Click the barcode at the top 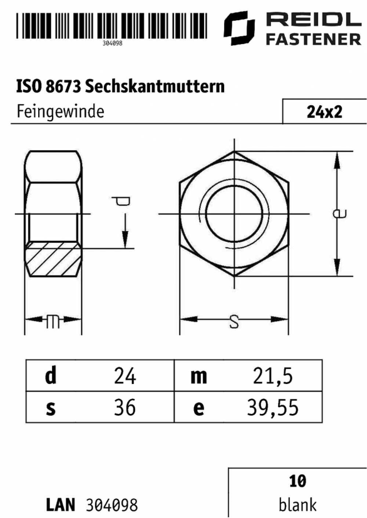tap(112, 25)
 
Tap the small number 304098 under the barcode tap(112, 43)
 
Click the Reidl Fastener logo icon tap(239, 28)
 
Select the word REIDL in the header tap(314, 19)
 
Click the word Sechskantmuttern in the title tap(155, 86)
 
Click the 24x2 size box tap(324, 111)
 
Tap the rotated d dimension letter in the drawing tap(121, 201)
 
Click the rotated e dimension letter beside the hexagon tap(340, 214)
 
